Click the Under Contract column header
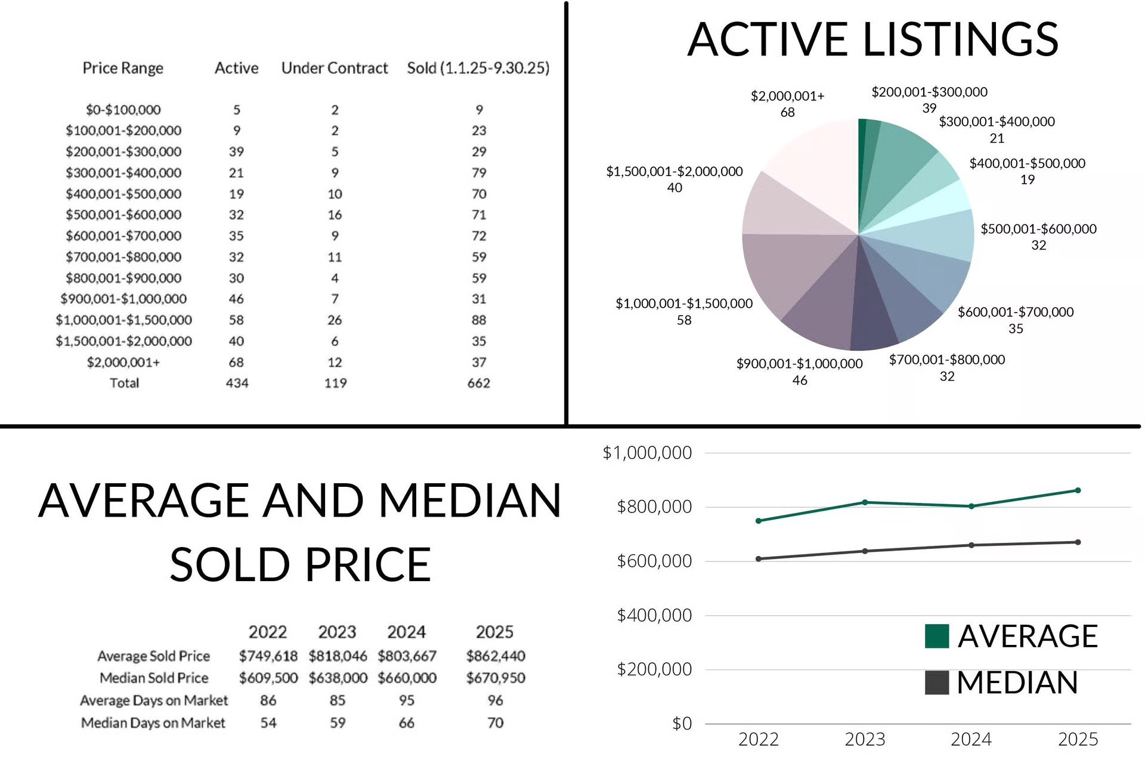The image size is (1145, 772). click(334, 68)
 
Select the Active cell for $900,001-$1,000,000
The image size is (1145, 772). click(236, 299)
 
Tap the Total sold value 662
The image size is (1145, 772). click(478, 383)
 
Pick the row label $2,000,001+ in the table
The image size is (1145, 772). click(123, 362)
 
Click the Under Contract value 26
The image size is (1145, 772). click(335, 320)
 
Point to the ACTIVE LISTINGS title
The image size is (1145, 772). click(872, 39)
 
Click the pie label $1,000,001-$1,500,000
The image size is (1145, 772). click(684, 304)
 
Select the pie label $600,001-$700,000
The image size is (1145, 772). click(1015, 312)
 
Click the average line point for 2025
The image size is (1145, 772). click(1078, 490)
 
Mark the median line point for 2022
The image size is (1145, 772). click(759, 559)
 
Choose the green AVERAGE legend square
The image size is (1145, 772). click(936, 636)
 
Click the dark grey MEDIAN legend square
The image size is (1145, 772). click(936, 683)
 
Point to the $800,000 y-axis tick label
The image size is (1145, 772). click(654, 507)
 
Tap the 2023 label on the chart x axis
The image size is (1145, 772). click(865, 740)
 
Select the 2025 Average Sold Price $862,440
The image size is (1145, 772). click(495, 656)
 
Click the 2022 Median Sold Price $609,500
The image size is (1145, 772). click(268, 678)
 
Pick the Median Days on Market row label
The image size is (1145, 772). click(153, 723)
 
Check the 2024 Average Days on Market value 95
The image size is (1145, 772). click(407, 700)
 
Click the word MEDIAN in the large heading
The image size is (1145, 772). click(470, 500)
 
